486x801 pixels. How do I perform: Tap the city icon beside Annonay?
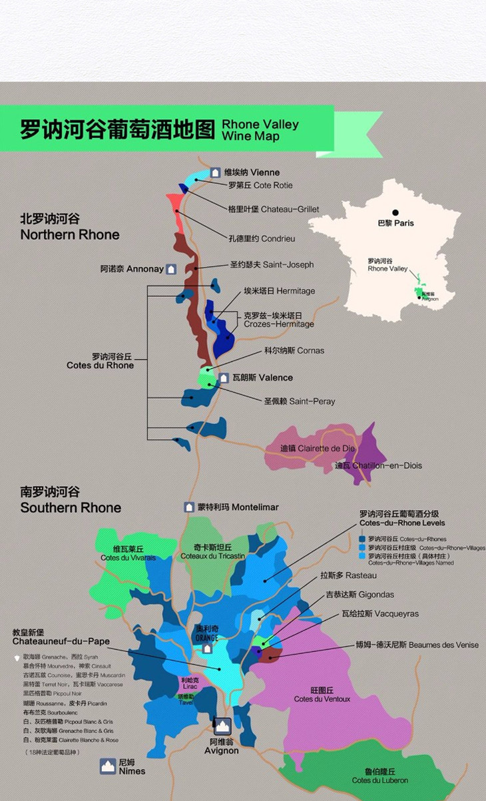[171, 270]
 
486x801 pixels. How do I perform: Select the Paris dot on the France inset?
[395, 213]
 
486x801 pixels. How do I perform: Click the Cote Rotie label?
[260, 186]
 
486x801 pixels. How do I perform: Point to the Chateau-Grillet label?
[273, 209]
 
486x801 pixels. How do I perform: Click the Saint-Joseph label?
[272, 264]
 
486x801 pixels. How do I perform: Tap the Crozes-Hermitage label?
[278, 320]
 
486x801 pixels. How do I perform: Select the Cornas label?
[294, 350]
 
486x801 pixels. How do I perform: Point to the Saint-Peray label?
[299, 401]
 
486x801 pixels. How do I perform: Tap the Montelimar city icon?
[189, 507]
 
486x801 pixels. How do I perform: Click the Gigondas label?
[360, 595]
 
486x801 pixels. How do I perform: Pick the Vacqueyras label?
[371, 614]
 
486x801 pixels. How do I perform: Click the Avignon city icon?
[222, 725]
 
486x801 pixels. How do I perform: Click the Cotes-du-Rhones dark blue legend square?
[362, 539]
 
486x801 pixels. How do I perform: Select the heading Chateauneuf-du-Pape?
[61, 641]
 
